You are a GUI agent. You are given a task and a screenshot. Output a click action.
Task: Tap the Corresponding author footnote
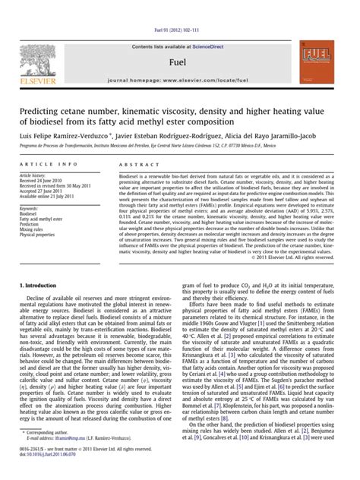pos(45,453)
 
